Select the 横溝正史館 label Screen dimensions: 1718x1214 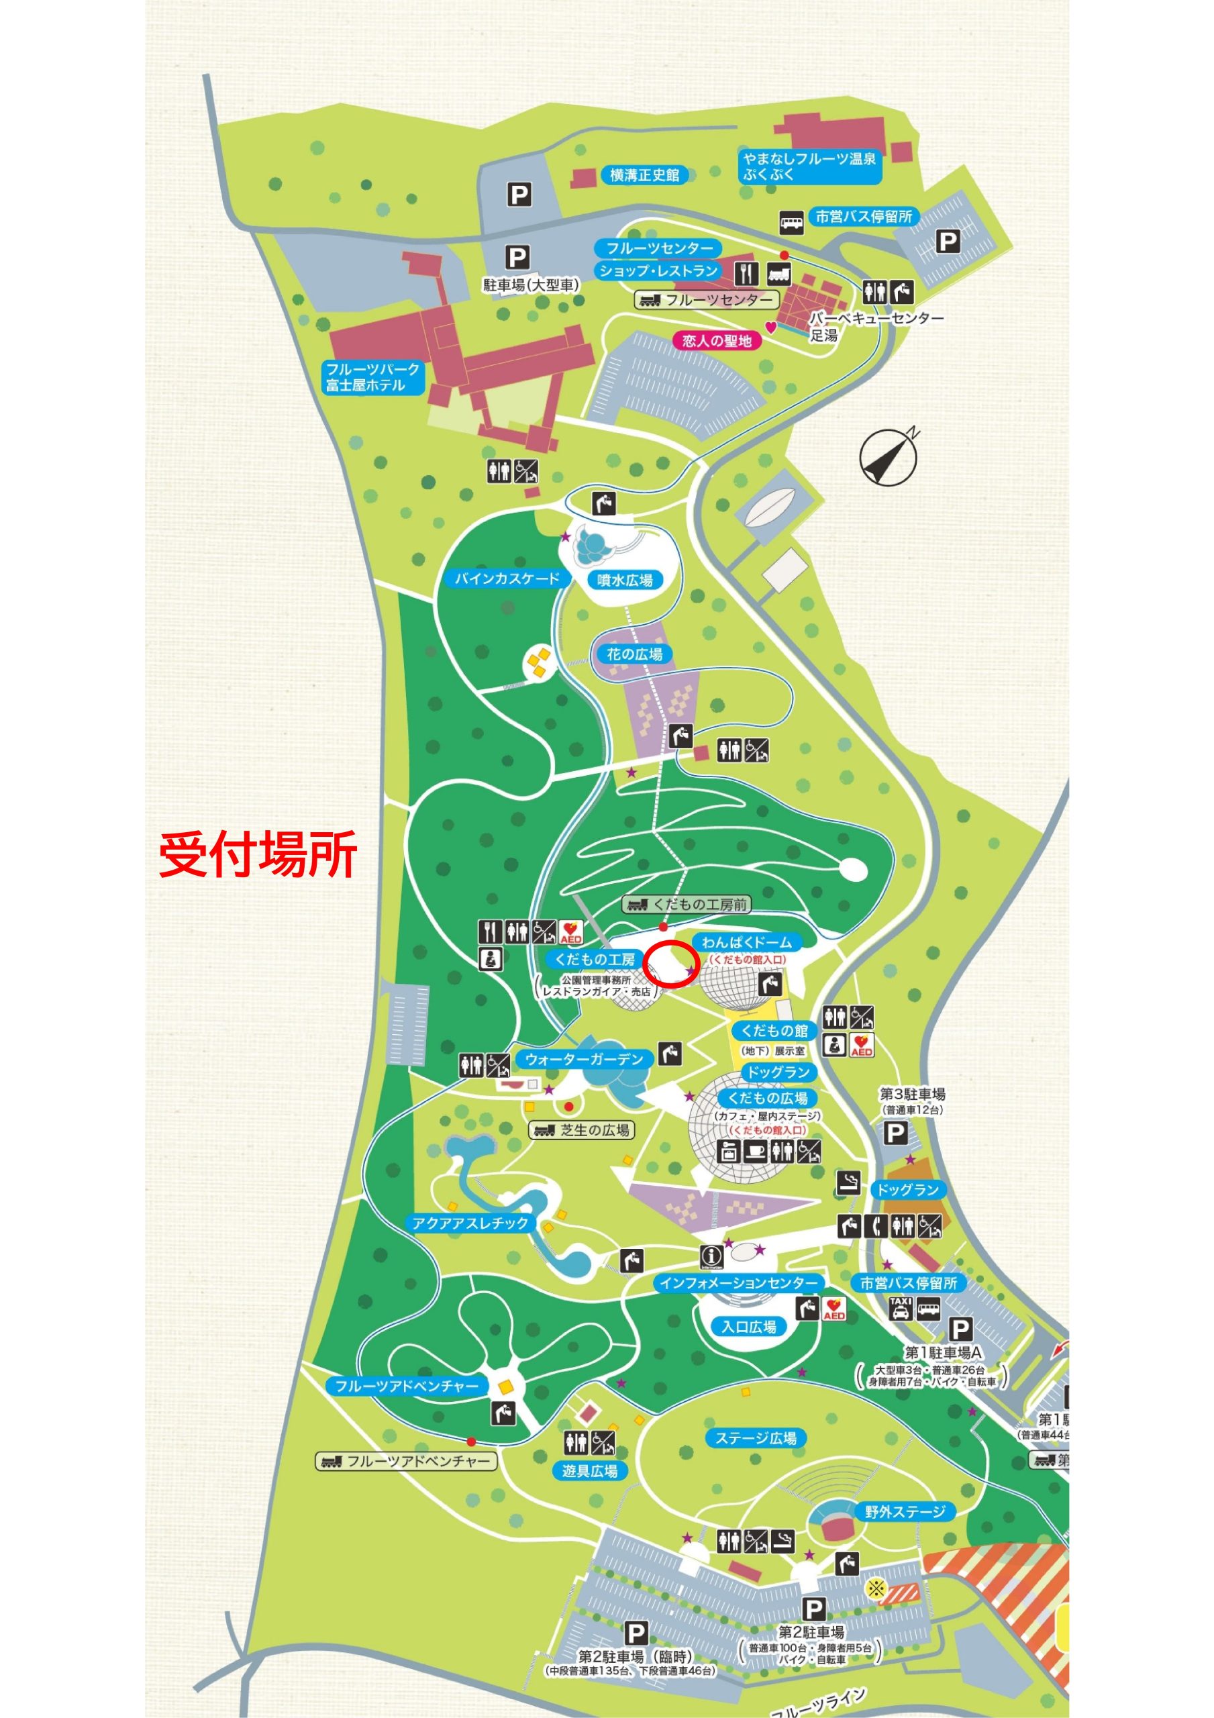coord(644,175)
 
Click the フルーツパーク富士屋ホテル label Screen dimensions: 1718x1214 coord(372,377)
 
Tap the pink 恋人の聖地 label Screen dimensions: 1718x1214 coord(716,341)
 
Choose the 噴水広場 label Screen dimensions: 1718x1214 coord(625,580)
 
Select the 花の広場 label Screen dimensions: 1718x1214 coord(635,654)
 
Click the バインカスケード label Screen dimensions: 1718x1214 coord(507,578)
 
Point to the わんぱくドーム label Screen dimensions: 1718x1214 coord(746,942)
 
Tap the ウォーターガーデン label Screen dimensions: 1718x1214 coord(584,1060)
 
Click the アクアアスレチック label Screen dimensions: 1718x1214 coord(470,1223)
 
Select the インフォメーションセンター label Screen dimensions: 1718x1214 coord(739,1283)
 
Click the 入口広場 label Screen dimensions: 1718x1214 coord(748,1327)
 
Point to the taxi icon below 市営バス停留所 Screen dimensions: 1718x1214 coord(901,1308)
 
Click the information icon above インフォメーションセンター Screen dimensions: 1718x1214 coord(711,1257)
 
